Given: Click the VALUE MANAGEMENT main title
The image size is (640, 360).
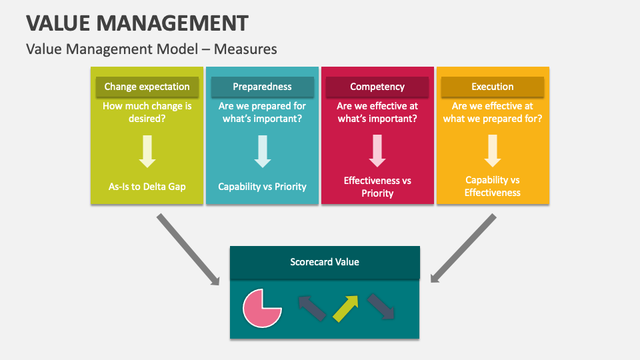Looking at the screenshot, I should coord(137,23).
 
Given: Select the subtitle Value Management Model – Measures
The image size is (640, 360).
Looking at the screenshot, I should coord(151,49).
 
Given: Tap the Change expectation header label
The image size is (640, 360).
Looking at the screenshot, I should coord(147,87).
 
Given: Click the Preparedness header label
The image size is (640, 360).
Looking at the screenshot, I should coord(262,87).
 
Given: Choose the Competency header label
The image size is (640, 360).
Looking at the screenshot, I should coord(377,87).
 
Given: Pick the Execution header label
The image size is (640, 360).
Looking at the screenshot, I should coord(493,87).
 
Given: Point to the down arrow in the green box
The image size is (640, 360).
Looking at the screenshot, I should coord(147,151).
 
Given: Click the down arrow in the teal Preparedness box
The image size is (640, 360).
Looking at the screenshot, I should coord(263,151).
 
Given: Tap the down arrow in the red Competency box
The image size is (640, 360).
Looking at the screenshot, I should coord(377,151).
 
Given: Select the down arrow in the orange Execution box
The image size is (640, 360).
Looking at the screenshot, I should coord(493,151).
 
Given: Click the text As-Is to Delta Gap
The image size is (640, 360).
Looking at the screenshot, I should coord(147,187).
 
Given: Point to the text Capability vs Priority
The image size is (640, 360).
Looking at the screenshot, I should coord(263,187).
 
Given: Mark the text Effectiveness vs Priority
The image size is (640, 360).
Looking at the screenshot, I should coord(377,187).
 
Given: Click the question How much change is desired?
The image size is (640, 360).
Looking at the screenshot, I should coord(147,112).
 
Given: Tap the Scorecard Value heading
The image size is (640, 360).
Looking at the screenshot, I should coord(325,262).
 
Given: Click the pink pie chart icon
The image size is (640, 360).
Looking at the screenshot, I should coord(262,308).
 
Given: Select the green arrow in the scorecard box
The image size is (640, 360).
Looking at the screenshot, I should coord(345,308).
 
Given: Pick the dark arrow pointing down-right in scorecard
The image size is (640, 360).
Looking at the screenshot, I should coord(381,307).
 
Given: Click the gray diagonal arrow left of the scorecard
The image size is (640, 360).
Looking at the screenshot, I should coord(188,249).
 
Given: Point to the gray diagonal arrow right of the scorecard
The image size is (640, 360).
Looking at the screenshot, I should coord(463,248).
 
